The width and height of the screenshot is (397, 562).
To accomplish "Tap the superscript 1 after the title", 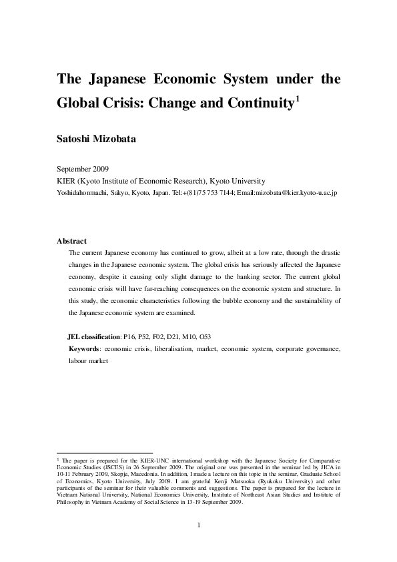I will coord(298,99).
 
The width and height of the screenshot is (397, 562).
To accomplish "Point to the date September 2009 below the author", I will coord(83,170).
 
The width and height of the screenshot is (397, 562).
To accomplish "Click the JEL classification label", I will coord(93,337).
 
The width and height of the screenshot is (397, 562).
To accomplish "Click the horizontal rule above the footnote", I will coord(105,453).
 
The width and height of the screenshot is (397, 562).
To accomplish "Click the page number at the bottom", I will coord(199,525).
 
